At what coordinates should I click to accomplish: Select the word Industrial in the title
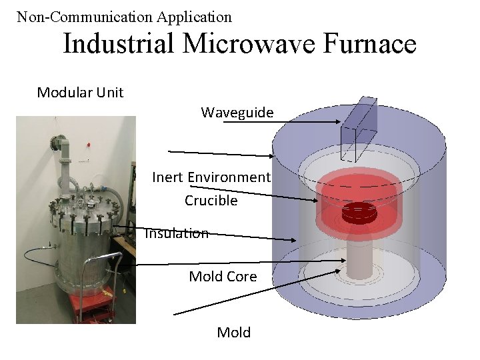point(118,44)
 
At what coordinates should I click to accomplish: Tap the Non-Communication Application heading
point(124,17)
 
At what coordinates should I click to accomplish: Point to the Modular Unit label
point(80,92)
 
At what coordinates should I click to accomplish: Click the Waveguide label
point(237,113)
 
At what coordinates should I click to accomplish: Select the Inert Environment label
point(211,177)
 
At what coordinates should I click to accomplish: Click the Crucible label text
point(211,200)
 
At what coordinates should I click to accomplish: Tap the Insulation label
point(177,233)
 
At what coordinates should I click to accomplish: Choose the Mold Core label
point(223,276)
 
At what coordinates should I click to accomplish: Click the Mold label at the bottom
point(234,332)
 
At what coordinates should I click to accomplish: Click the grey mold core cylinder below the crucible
point(361,257)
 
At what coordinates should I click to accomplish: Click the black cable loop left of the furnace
point(33,257)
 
